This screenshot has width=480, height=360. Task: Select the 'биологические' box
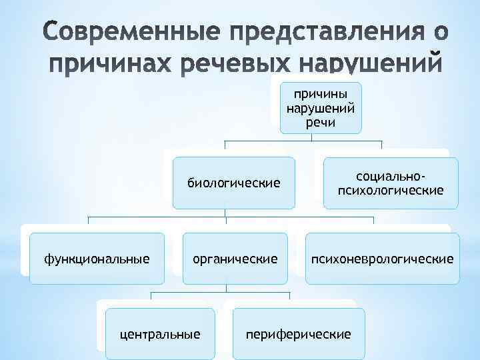(233, 182)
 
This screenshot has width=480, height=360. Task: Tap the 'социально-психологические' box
(391, 183)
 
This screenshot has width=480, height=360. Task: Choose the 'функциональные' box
(97, 258)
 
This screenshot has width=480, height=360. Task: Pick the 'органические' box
(235, 258)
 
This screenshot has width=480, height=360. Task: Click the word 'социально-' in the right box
(391, 176)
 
